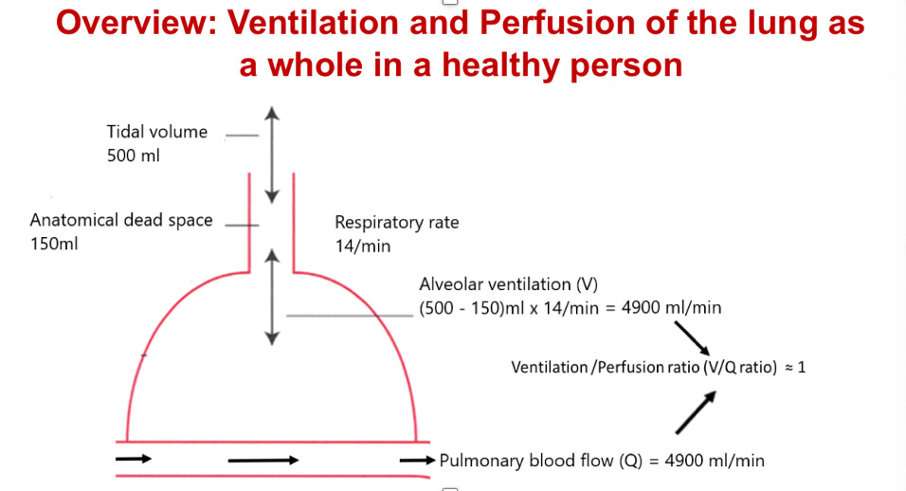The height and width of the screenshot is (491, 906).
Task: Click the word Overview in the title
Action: [x=135, y=22]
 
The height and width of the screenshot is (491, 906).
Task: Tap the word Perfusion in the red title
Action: [x=549, y=22]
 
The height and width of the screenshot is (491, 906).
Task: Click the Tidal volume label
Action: [x=157, y=132]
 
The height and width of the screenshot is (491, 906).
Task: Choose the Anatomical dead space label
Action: [x=121, y=220]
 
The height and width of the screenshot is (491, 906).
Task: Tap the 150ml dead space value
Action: [x=54, y=244]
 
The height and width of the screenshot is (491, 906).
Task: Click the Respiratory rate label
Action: [x=396, y=223]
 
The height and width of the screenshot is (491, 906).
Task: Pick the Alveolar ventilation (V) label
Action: [x=508, y=284]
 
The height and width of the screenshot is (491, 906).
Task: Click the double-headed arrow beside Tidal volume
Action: [x=273, y=154]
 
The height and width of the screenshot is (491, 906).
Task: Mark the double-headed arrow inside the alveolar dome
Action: [x=273, y=296]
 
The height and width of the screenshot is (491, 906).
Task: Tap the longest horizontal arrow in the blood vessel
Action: [x=263, y=461]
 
